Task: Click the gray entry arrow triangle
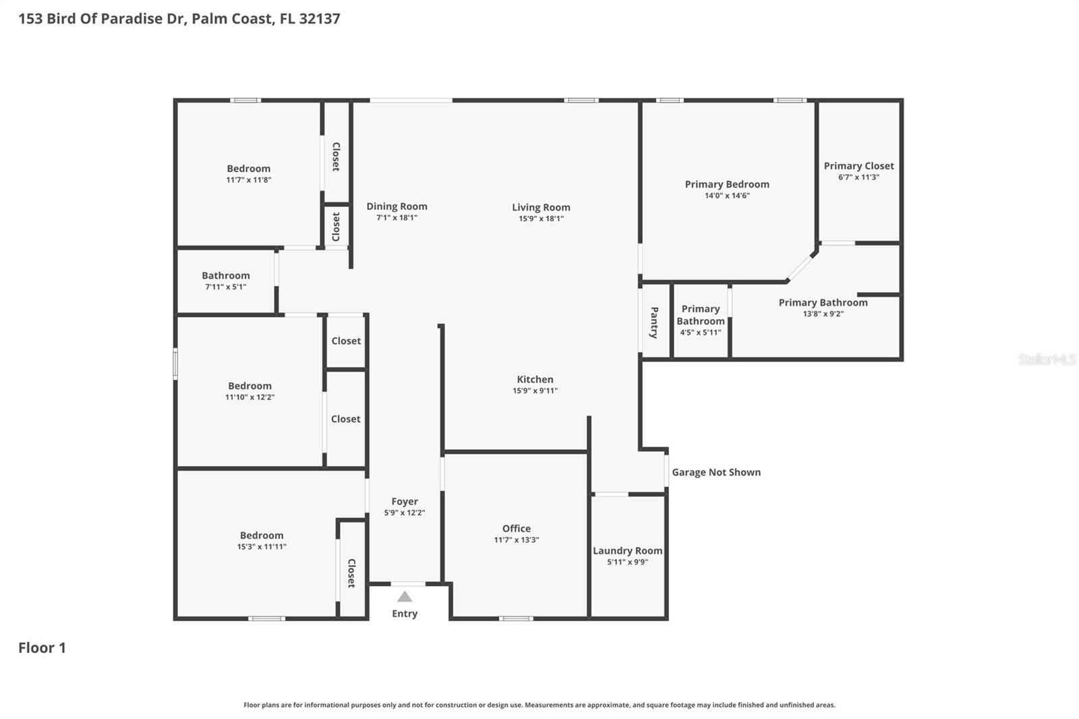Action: (405, 596)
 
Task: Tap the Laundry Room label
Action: (627, 550)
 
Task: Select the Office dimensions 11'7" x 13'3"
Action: (516, 540)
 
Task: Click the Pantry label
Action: (654, 322)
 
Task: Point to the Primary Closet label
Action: (858, 166)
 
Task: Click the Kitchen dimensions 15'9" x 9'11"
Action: (535, 391)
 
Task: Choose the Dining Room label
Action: (397, 206)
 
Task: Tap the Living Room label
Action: (541, 207)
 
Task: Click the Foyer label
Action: (405, 501)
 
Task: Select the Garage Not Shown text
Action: (716, 472)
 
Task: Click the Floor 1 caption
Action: (42, 648)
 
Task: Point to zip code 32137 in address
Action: (319, 18)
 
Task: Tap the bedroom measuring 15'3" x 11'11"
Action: (262, 540)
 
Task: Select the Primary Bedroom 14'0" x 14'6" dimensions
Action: (727, 196)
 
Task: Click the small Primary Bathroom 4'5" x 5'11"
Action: (701, 320)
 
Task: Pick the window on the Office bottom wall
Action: (516, 618)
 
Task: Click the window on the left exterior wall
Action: (175, 364)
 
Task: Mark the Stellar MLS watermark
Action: (1047, 359)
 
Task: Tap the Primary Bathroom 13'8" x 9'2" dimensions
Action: (823, 314)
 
